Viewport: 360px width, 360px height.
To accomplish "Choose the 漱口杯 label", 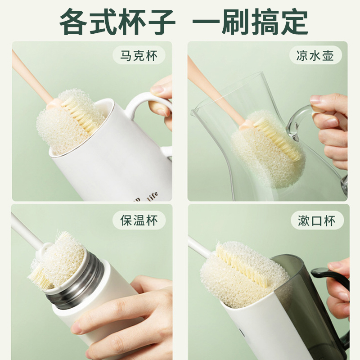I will click(x=314, y=220).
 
